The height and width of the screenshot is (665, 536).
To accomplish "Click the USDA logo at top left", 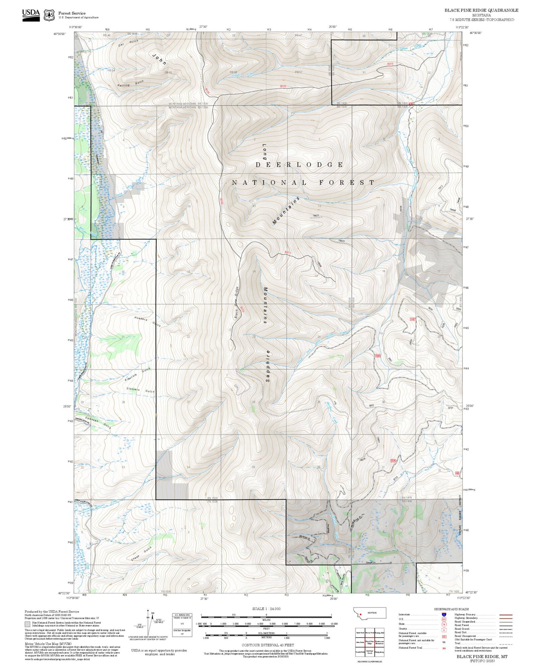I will coord(31,15).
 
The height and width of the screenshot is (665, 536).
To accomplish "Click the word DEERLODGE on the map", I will coord(299,165).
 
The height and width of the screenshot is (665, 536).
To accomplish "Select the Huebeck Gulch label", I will coord(147,321).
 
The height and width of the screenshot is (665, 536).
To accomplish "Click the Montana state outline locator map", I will coord(369,613).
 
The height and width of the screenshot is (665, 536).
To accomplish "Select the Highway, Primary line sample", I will coord(506,615).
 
